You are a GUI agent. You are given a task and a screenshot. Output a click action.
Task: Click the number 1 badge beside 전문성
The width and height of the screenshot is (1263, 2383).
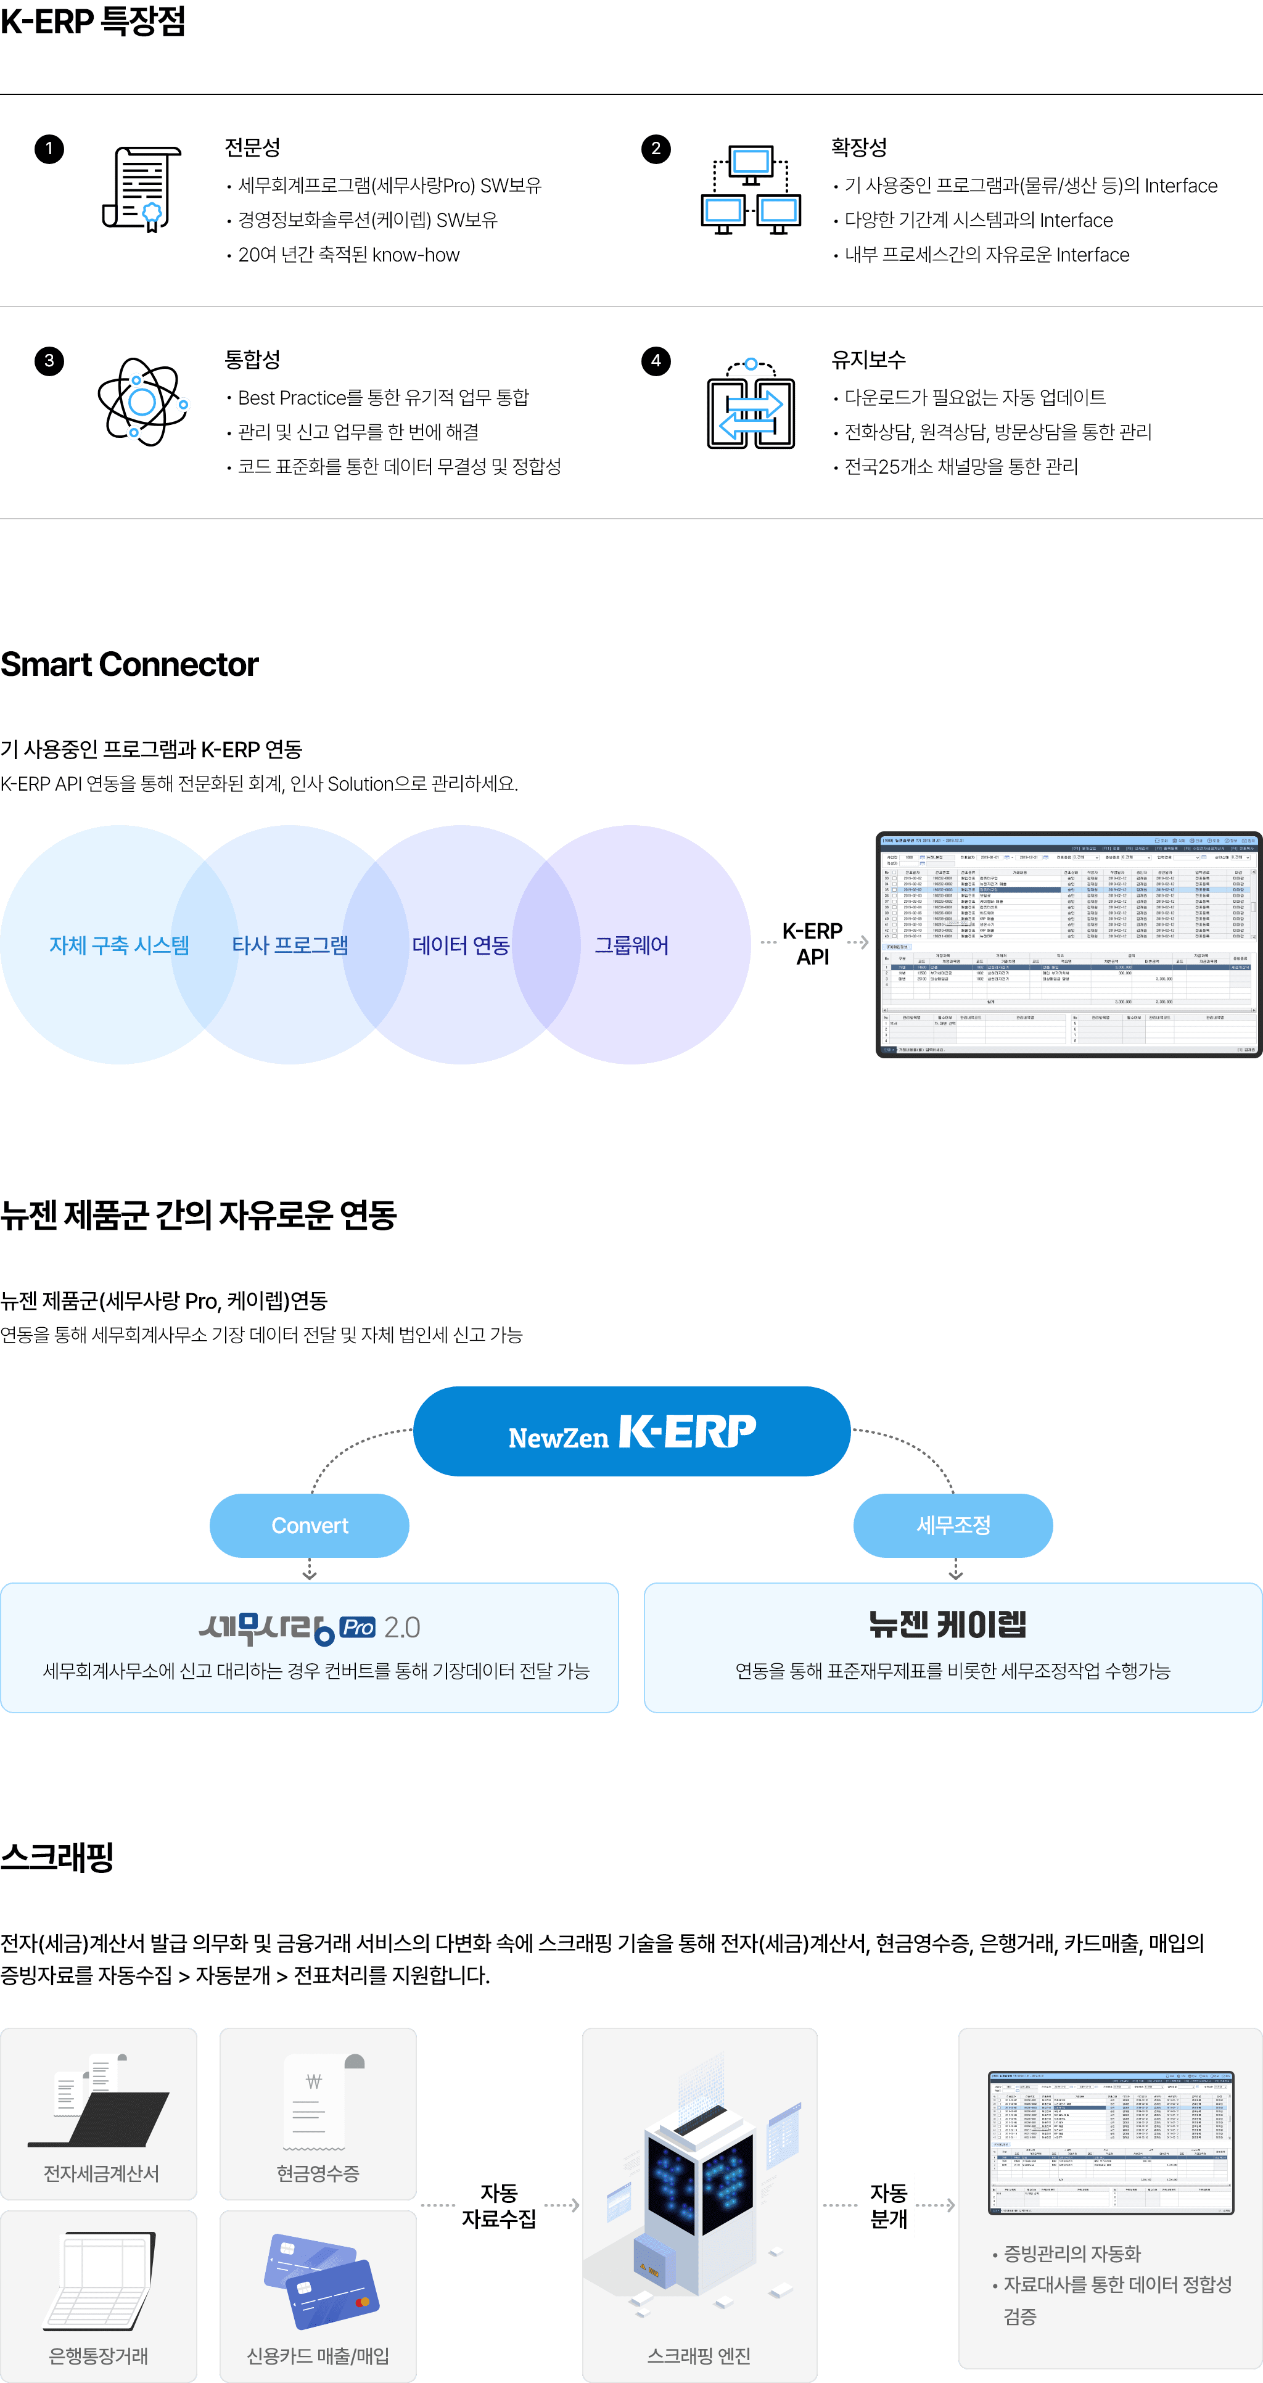pos(49,149)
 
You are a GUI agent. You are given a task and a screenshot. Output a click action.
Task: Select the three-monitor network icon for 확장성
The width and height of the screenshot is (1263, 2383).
pos(751,190)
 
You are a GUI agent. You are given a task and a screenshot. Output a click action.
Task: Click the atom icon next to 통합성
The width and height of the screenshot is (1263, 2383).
pos(142,402)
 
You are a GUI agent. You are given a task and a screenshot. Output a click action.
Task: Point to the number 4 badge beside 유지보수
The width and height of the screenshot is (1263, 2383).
pos(656,361)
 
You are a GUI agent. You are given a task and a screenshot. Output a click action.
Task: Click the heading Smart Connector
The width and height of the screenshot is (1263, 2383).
pos(130,664)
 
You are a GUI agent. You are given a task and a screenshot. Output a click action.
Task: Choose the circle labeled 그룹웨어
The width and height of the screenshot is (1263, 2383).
pos(648,945)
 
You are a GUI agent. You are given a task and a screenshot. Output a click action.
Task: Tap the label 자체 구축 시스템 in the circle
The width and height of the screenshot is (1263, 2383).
pos(118,945)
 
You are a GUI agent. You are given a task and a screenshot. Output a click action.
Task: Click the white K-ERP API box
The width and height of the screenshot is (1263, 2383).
pos(812,944)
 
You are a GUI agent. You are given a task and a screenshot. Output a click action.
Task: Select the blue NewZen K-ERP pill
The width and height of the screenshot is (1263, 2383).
pos(632,1431)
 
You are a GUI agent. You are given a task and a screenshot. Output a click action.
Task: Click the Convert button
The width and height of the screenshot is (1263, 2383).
pos(309,1526)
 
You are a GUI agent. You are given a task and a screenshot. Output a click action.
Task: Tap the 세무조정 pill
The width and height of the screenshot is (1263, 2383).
pos(953,1526)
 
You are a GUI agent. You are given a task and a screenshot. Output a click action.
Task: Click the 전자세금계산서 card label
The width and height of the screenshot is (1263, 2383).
pos(102,2173)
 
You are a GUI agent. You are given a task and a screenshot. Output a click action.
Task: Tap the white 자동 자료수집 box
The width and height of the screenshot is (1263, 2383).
pos(500,2205)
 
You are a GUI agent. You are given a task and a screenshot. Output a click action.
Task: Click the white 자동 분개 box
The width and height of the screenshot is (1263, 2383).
pos(887,2205)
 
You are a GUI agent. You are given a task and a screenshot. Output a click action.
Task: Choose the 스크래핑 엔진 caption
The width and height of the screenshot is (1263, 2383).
pos(699,2355)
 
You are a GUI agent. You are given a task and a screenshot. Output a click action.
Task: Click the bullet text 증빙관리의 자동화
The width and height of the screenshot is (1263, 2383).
pos(1071,2253)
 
